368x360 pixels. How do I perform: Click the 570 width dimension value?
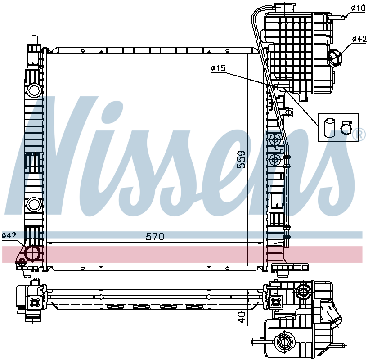(155, 236)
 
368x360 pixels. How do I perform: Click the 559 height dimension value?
(241, 159)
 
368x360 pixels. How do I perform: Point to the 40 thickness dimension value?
(242, 317)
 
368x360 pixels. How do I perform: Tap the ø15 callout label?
(218, 68)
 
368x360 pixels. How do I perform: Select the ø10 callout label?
(358, 8)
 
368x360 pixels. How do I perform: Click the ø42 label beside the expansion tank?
(359, 39)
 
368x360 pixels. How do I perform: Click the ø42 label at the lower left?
(9, 235)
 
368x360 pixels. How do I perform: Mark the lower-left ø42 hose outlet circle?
(32, 253)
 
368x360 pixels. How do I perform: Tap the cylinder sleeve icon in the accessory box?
(329, 128)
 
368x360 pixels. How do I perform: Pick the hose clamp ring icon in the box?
(346, 128)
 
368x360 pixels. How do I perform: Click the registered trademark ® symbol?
(361, 135)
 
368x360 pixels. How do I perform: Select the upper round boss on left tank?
(34, 90)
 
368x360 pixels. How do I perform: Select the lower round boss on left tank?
(34, 205)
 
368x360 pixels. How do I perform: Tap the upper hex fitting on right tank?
(274, 140)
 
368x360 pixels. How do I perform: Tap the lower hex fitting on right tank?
(274, 160)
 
